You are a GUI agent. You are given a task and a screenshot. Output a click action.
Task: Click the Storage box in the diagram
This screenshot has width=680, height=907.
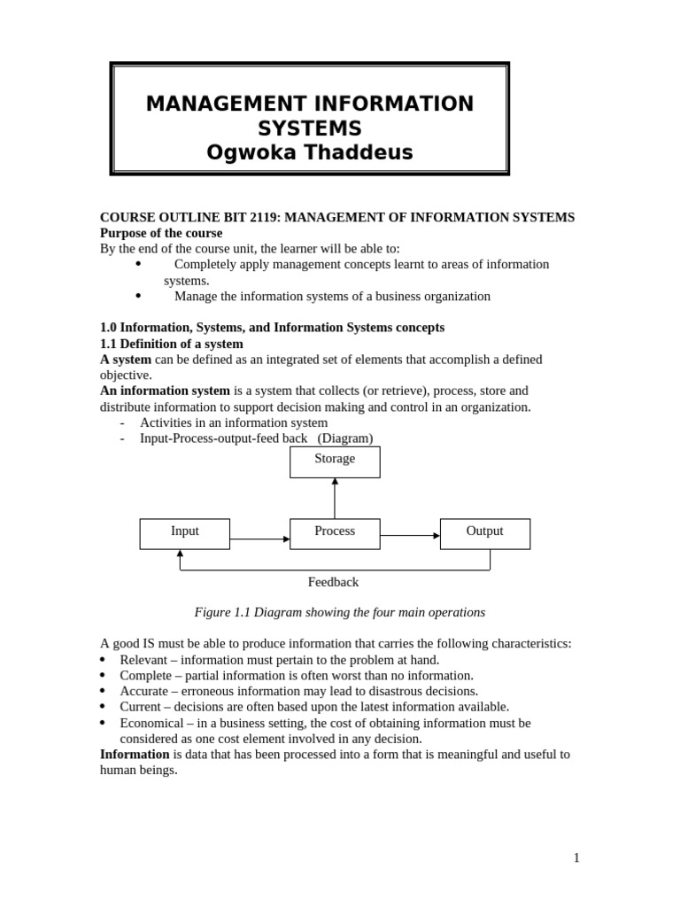(x=335, y=461)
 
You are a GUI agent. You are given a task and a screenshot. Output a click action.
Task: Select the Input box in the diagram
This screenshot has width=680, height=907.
(x=184, y=533)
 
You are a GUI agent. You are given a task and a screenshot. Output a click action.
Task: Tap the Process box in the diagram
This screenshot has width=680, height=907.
(x=335, y=533)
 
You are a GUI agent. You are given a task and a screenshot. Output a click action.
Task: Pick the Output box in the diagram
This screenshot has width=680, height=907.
(x=484, y=533)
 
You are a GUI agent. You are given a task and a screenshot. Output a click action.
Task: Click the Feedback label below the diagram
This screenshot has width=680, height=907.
(x=333, y=582)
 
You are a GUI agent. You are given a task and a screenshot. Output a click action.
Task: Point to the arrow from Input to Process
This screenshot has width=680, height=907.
(x=259, y=539)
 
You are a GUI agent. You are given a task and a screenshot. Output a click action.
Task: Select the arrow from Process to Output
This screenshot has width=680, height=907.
(x=410, y=535)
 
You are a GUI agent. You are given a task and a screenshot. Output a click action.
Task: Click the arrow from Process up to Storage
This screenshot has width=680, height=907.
(x=335, y=498)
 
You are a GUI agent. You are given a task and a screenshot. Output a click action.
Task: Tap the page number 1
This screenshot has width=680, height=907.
(x=576, y=857)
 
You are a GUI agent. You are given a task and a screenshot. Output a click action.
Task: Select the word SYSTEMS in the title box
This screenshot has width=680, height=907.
(x=310, y=128)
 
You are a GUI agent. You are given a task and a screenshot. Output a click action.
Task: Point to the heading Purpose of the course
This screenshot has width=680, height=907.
(x=161, y=233)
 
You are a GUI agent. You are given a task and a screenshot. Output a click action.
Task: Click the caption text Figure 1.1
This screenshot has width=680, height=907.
(x=224, y=612)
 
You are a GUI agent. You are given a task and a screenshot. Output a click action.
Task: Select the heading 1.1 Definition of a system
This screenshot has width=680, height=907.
(x=171, y=344)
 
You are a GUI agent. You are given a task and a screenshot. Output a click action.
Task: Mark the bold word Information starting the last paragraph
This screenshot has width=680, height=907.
(x=135, y=755)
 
